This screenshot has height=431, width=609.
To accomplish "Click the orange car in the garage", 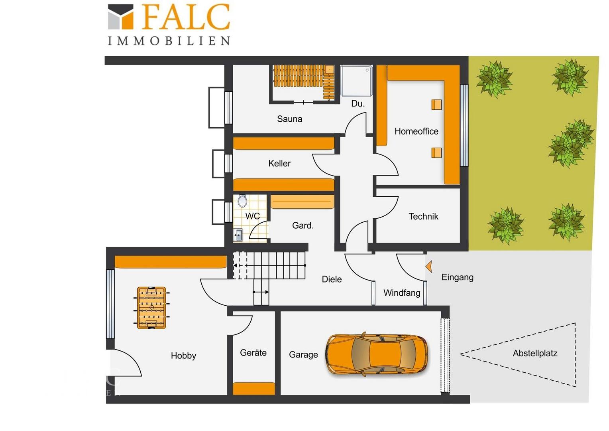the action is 377,354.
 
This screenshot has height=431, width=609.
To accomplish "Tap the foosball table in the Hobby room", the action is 151,308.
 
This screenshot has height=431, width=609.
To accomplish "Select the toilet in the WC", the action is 242,201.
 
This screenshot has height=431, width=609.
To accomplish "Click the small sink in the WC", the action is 238,235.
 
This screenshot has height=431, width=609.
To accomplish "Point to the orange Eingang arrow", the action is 429,266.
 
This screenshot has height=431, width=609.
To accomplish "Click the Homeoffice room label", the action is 416,131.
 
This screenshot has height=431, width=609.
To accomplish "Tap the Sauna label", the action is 289,119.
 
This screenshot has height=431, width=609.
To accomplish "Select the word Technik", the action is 423,216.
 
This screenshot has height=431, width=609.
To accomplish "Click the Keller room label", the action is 279,163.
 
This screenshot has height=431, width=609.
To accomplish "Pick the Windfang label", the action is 402,293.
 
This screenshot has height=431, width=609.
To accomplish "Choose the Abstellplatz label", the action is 535,354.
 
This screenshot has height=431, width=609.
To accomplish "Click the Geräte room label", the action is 253,353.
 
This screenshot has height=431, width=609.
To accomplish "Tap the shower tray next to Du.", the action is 356,81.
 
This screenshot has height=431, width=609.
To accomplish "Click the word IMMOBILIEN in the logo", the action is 169,41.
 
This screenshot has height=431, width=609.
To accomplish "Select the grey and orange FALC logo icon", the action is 120,17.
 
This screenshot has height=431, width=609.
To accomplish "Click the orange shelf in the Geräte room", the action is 253,389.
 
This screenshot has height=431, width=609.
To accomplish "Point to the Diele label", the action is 332,279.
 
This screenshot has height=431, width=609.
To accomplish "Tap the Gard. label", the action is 303,225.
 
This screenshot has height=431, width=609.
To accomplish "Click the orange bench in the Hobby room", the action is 171,262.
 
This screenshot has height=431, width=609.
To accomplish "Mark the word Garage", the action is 303,355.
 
